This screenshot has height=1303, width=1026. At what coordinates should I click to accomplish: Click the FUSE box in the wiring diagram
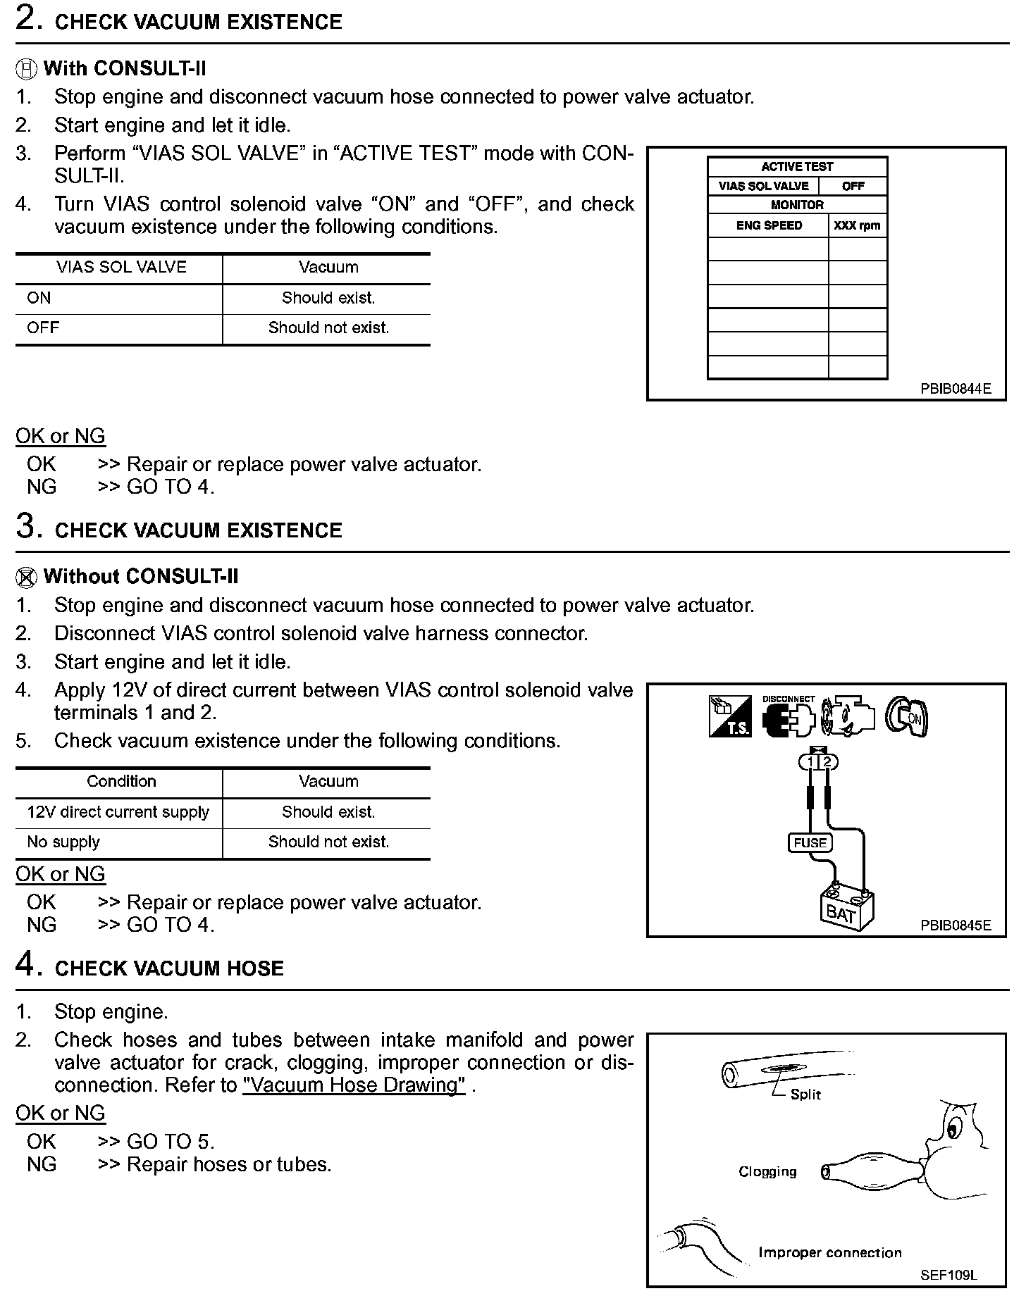pyautogui.click(x=810, y=842)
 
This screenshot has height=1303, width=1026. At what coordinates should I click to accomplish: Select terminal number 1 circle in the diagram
pyautogui.click(x=810, y=762)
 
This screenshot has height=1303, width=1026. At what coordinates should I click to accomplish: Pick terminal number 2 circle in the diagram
pyautogui.click(x=828, y=762)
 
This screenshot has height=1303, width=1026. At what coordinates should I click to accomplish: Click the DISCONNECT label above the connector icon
pyautogui.click(x=789, y=699)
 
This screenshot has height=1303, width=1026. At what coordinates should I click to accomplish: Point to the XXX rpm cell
pyautogui.click(x=857, y=226)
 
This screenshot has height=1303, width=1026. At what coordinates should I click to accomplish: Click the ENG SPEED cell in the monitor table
pyautogui.click(x=769, y=226)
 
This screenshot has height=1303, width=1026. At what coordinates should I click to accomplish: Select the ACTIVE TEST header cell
pyautogui.click(x=797, y=167)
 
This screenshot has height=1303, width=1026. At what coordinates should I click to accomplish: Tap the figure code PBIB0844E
pyautogui.click(x=956, y=388)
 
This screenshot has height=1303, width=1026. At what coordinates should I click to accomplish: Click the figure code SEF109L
pyautogui.click(x=948, y=1275)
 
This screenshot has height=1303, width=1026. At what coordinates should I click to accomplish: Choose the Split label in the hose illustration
pyautogui.click(x=805, y=1095)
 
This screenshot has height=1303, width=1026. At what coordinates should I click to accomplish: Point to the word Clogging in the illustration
pyautogui.click(x=767, y=1171)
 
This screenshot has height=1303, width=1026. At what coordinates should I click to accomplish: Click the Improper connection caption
pyautogui.click(x=829, y=1252)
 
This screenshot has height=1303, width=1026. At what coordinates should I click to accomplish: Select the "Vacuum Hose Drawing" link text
pyautogui.click(x=354, y=1085)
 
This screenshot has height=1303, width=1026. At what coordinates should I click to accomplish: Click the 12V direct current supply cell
pyautogui.click(x=118, y=812)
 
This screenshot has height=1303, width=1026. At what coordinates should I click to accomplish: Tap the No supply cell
pyautogui.click(x=63, y=842)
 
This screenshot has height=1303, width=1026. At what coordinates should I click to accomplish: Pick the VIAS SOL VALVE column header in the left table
pyautogui.click(x=121, y=268)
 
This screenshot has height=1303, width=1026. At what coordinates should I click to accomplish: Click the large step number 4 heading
pyautogui.click(x=25, y=965)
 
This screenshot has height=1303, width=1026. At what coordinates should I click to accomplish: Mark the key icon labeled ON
pyautogui.click(x=907, y=717)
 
